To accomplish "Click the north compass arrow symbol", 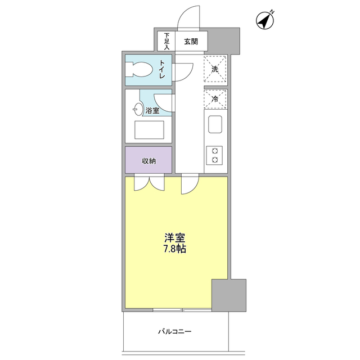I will (x=265, y=20).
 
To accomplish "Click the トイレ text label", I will (x=162, y=69).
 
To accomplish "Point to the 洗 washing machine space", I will (x=215, y=69).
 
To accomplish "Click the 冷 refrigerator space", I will (x=215, y=98).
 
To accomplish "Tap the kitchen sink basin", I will (x=215, y=124).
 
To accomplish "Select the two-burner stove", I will (x=215, y=155).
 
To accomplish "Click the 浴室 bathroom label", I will (x=152, y=111).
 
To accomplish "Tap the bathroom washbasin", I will (x=137, y=109).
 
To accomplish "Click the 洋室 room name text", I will (x=175, y=237).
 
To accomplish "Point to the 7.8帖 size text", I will (x=175, y=248).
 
